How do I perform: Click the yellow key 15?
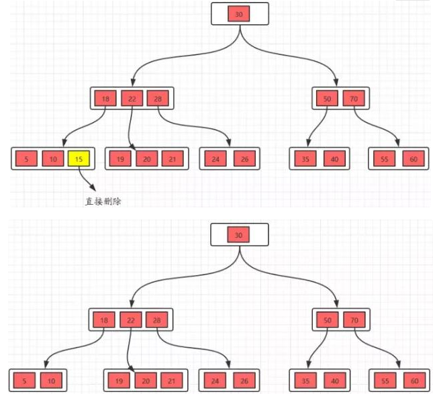point(79,159)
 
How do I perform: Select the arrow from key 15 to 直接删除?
point(85,179)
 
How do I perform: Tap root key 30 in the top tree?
point(240,13)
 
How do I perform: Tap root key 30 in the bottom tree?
point(240,235)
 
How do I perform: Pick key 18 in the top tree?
point(105,99)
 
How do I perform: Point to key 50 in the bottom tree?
point(327,320)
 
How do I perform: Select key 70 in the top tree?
point(352,99)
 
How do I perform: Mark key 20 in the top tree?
point(146,159)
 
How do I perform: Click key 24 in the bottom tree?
point(214,381)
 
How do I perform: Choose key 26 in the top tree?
point(244,159)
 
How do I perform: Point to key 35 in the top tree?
point(305,159)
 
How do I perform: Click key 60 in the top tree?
point(412,159)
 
